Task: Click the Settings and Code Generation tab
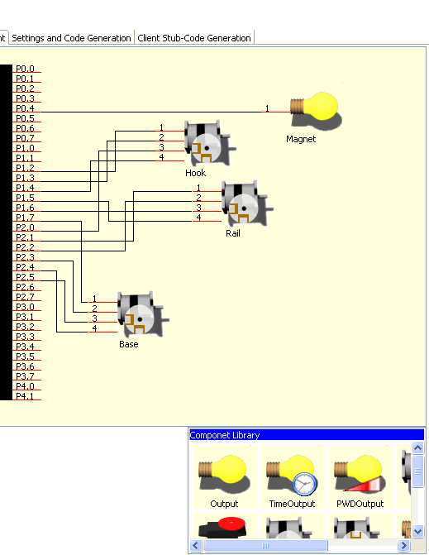[71, 37]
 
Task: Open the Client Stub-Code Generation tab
[194, 37]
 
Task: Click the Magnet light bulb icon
[316, 111]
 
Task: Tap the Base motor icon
[143, 314]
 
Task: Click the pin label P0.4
[25, 108]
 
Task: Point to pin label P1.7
[25, 218]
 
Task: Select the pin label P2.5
[25, 277]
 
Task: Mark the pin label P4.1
[25, 395]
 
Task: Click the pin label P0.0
[25, 69]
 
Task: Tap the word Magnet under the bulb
[301, 139]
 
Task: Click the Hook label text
[196, 173]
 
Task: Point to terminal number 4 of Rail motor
[198, 218]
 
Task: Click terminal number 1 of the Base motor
[94, 299]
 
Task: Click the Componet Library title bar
[307, 435]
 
